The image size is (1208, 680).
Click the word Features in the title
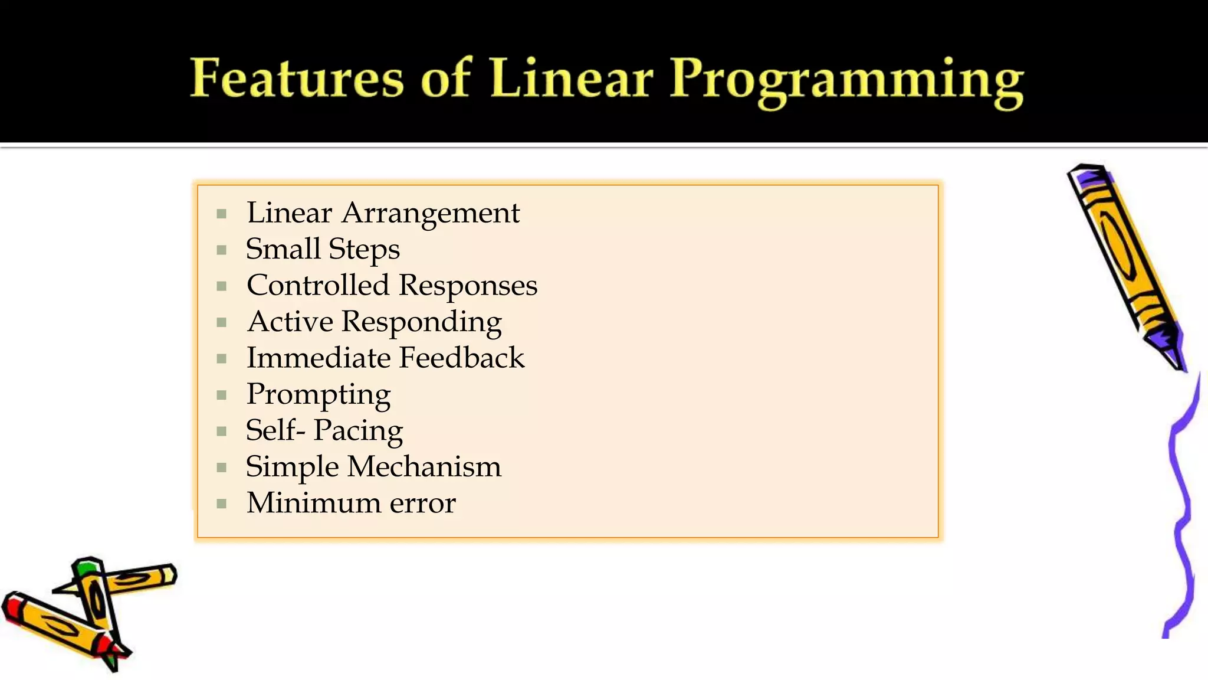tap(297, 79)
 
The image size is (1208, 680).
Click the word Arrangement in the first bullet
tap(431, 213)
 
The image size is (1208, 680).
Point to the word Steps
tap(364, 250)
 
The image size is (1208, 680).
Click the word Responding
tap(421, 323)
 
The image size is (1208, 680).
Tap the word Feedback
tap(462, 358)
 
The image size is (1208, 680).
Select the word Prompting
tap(319, 395)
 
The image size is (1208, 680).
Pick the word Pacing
tap(358, 431)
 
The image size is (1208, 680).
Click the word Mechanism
tap(424, 467)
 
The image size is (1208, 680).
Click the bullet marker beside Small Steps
tap(222, 250)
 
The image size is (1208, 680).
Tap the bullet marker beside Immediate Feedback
tap(222, 359)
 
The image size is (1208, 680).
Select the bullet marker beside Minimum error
tap(222, 504)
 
